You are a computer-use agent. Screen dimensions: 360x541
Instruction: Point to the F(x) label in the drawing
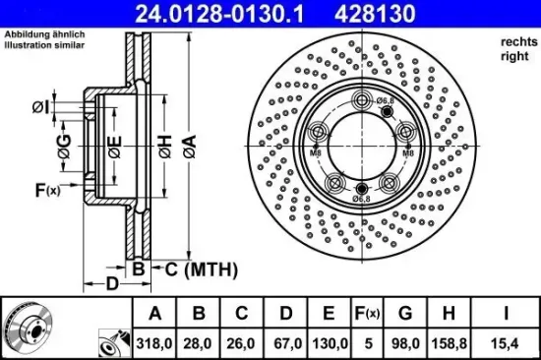tap(47, 190)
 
